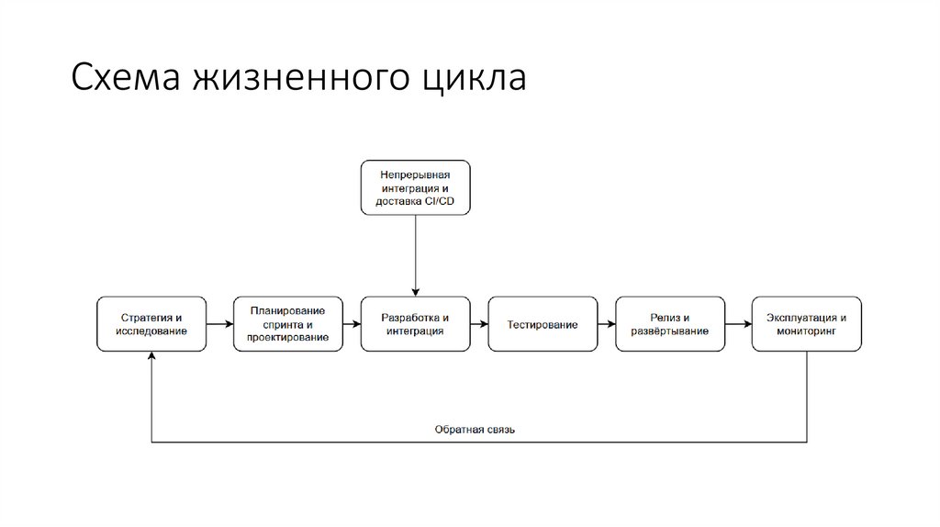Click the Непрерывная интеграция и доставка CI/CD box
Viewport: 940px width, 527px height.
[415, 187]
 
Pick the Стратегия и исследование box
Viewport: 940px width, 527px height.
[151, 324]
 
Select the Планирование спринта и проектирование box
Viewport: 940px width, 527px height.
[287, 324]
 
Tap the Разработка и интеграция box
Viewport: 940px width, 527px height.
[415, 324]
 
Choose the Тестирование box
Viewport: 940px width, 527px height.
[542, 324]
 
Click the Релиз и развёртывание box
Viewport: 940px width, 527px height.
[669, 324]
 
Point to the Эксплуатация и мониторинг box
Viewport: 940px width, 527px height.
[806, 324]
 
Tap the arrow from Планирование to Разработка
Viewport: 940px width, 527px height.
[351, 324]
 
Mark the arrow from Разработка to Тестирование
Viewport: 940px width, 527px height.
[478, 324]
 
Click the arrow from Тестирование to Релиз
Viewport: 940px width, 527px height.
[606, 324]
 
